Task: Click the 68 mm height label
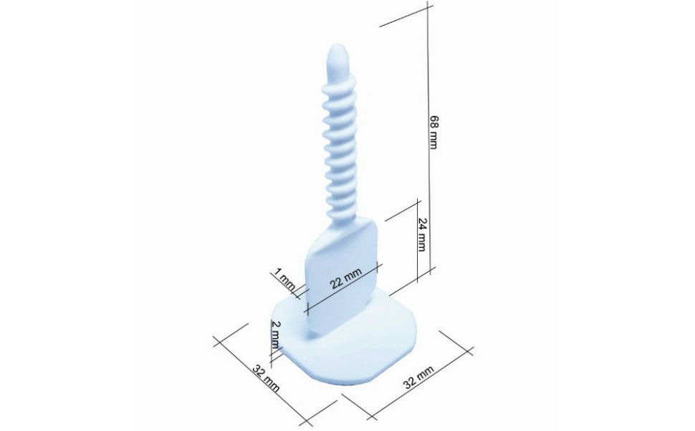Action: click(x=433, y=132)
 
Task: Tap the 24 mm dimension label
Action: click(x=421, y=236)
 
